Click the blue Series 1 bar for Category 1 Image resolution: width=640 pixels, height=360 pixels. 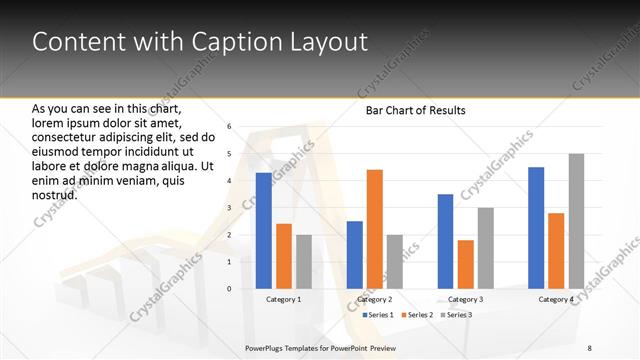(263, 231)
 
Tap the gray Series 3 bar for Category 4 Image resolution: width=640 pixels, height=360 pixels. (576, 221)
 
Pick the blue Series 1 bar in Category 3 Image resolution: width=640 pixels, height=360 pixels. (445, 241)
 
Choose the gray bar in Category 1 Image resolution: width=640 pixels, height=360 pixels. (304, 262)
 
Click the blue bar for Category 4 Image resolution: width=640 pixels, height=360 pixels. (536, 228)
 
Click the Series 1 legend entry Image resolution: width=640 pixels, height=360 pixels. (376, 315)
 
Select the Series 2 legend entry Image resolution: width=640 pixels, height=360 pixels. (415, 315)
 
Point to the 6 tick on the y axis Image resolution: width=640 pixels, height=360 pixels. (229, 127)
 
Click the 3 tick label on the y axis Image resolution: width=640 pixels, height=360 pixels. (229, 208)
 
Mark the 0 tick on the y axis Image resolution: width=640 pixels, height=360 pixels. (229, 289)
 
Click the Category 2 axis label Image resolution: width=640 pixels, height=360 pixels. (374, 299)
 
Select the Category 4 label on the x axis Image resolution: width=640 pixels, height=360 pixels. (556, 299)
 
